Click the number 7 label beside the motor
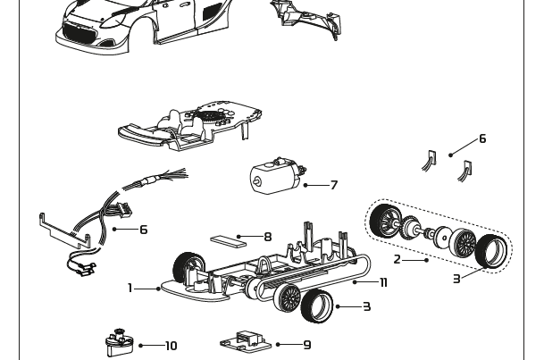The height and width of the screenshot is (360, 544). (x=334, y=186)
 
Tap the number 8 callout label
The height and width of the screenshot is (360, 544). (x=268, y=238)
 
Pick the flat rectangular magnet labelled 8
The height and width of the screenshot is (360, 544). (x=226, y=239)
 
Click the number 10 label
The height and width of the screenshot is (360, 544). (x=171, y=346)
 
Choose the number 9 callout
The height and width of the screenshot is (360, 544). (x=307, y=345)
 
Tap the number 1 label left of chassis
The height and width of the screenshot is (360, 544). (x=130, y=288)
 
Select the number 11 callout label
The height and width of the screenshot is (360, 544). (x=383, y=283)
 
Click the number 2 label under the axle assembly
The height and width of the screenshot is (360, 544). (x=398, y=260)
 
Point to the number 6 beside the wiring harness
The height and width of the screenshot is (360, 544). (x=143, y=230)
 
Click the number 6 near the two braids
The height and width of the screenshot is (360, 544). (x=482, y=138)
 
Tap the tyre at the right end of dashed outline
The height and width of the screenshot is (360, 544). (x=492, y=251)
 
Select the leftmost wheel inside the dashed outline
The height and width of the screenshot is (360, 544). (x=386, y=220)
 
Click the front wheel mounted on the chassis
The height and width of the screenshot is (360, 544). (x=186, y=265)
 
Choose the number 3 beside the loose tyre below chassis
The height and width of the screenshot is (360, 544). (x=366, y=306)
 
